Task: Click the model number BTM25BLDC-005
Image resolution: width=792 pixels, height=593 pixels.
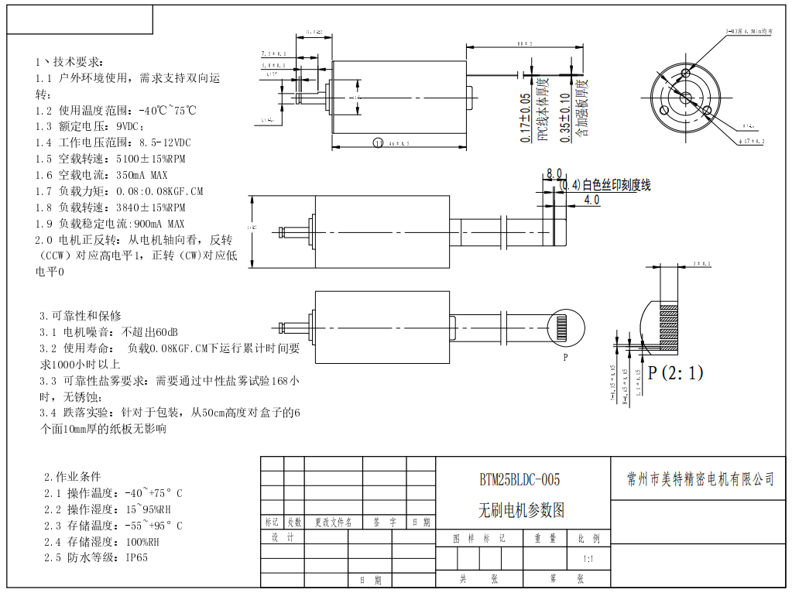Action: click(x=519, y=480)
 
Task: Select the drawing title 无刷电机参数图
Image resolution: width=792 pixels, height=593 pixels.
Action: click(x=521, y=510)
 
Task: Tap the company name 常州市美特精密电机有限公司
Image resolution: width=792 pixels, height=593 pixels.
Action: click(x=700, y=479)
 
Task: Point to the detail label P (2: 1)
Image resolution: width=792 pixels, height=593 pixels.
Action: click(x=675, y=373)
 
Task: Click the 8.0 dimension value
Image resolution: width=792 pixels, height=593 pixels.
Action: click(x=554, y=173)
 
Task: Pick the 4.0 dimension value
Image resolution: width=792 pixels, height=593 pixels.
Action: click(x=591, y=200)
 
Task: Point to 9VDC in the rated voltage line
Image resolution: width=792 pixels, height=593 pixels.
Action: click(x=129, y=126)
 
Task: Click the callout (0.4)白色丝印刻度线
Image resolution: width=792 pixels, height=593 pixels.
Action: click(x=605, y=186)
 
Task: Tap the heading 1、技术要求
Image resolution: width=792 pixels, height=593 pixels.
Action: click(x=67, y=61)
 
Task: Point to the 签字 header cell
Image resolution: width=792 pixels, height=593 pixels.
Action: click(x=383, y=523)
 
